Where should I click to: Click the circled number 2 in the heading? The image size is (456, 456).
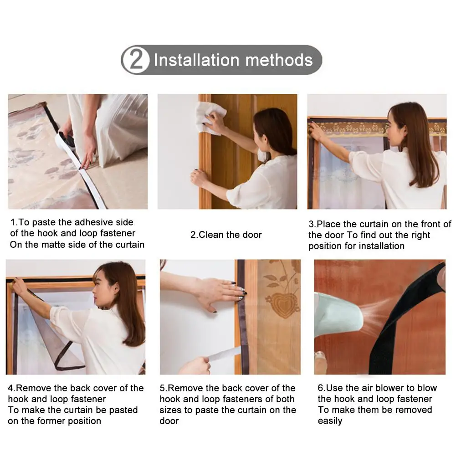pos(135,60)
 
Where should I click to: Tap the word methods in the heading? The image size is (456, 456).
pos(279,60)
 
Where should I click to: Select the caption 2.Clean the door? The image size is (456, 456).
pos(226,235)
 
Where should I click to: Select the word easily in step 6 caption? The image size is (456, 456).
pos(330,421)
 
